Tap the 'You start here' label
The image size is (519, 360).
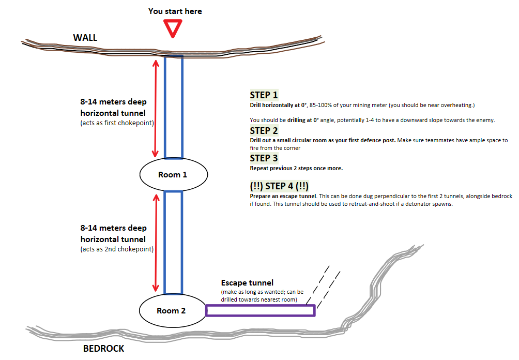point(175,11)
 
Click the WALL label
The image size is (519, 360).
point(85,37)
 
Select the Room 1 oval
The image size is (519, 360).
point(173,174)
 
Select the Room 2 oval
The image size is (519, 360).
point(172,310)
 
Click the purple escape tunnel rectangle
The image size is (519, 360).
point(260,310)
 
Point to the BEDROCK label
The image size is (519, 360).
point(103,349)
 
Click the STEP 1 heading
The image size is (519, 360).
point(264,95)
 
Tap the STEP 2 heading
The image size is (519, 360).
point(264,130)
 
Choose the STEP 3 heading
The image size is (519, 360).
point(264,158)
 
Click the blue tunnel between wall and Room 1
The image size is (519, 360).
point(173,106)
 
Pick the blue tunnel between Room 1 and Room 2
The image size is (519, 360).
point(173,242)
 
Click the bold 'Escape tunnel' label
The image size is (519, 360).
point(247,283)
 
